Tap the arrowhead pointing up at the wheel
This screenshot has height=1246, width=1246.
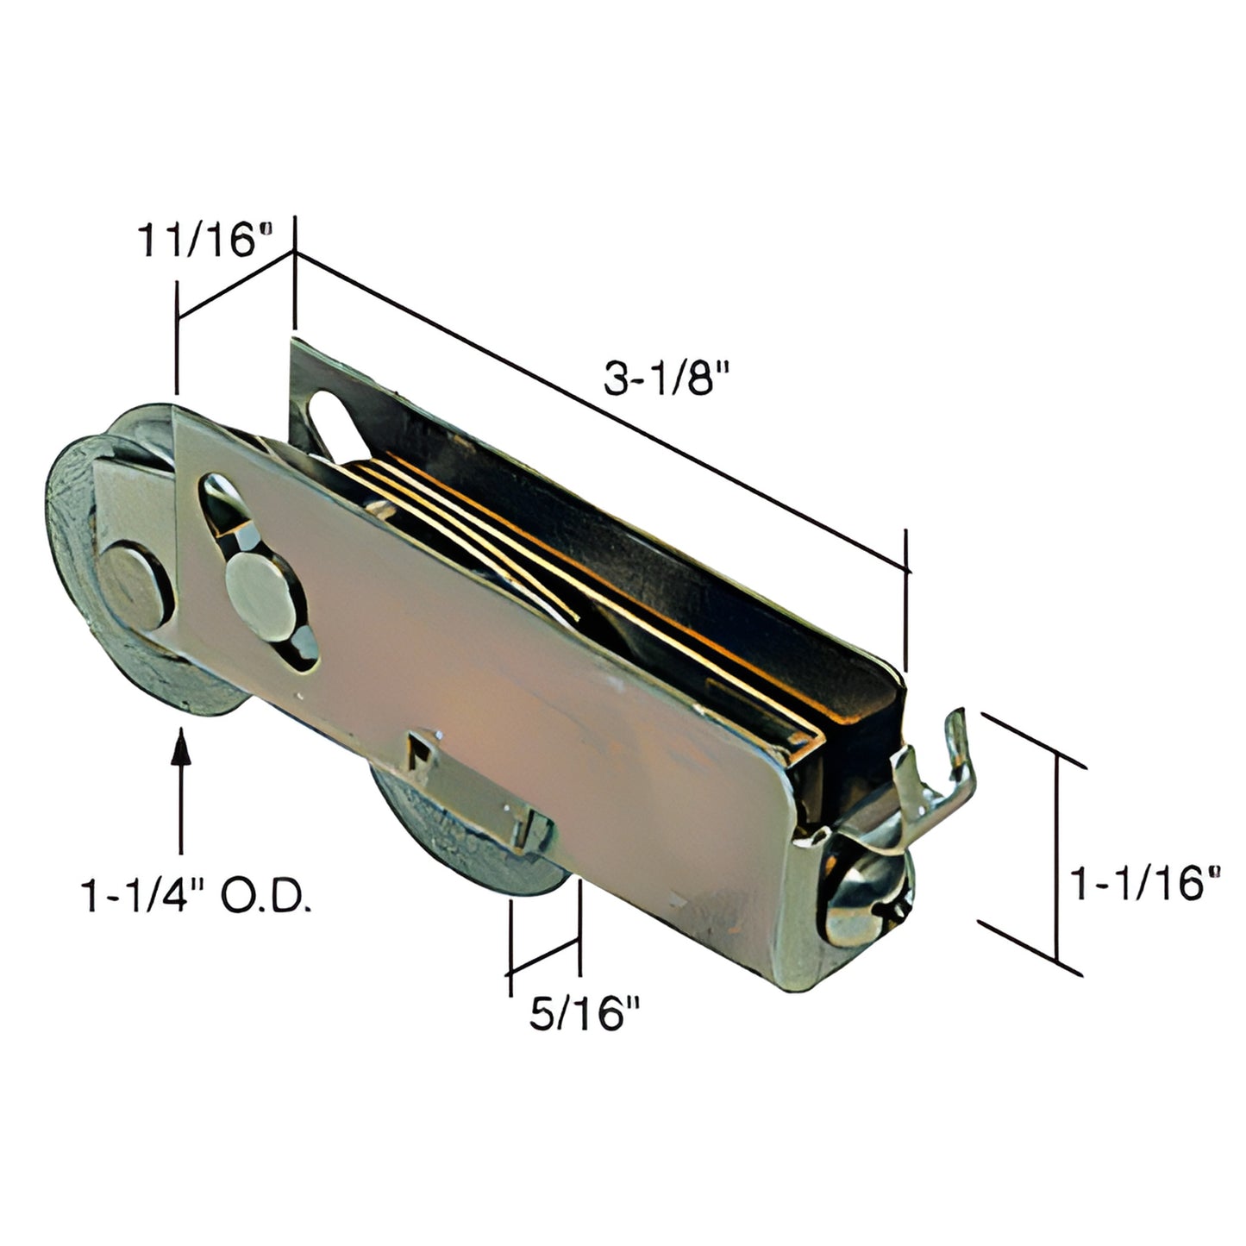180,747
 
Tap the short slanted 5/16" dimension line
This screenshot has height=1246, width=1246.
544,955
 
